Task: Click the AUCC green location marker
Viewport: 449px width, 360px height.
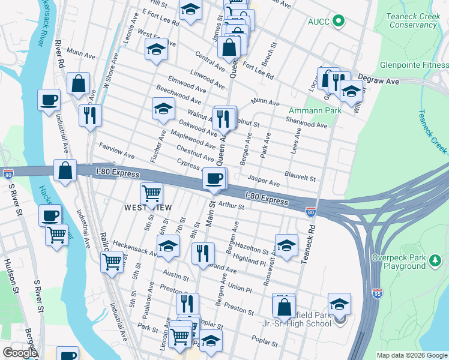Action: [339, 22]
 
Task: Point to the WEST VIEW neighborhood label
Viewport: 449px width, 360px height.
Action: [148, 208]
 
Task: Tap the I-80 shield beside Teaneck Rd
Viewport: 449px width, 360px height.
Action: [310, 211]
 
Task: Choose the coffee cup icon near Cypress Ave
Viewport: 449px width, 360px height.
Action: [214, 178]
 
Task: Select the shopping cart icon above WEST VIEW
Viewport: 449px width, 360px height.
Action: [151, 194]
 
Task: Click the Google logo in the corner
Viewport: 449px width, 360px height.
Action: [20, 353]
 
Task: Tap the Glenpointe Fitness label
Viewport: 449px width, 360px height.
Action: [414, 65]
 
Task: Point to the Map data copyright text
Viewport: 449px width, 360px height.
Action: [412, 355]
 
